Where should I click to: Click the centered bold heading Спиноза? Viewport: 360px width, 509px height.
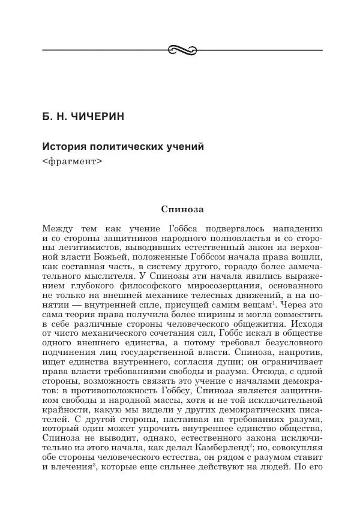click(183, 210)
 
